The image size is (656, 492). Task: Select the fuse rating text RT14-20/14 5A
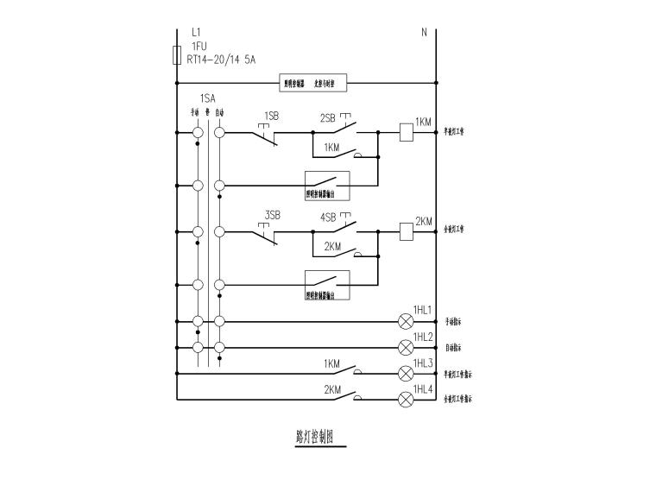(221, 60)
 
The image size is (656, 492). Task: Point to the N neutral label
(424, 33)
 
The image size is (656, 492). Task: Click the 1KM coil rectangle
(407, 132)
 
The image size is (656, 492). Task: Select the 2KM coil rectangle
(407, 230)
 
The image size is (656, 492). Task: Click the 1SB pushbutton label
(271, 117)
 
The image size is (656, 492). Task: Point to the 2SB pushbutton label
(327, 117)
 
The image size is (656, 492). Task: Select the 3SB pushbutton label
(273, 215)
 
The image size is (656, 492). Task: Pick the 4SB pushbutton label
(328, 218)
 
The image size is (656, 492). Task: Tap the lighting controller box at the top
(314, 84)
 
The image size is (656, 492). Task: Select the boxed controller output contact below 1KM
(327, 186)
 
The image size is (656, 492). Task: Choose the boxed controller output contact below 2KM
(327, 285)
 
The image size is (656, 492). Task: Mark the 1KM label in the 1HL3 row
(332, 363)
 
